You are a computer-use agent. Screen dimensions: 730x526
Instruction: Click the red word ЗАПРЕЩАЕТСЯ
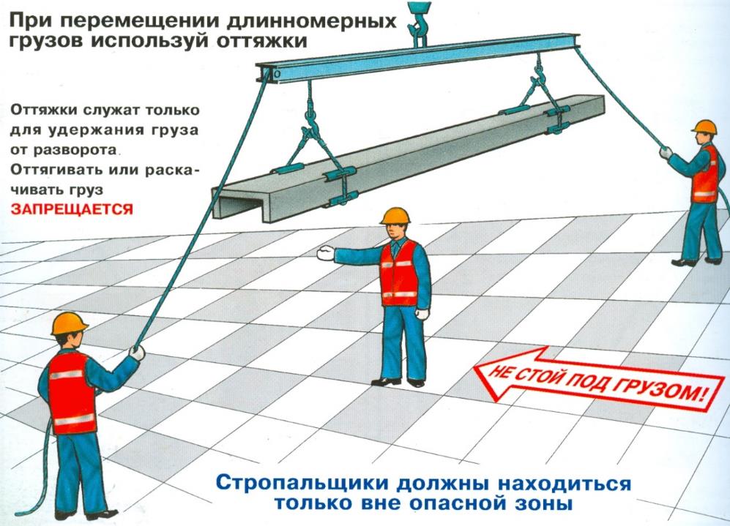(x=72, y=208)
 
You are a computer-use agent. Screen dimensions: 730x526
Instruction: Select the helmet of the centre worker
(x=395, y=217)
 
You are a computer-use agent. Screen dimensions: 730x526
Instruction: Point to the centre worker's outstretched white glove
(x=325, y=252)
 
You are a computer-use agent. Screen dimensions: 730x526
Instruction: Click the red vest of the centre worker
(x=400, y=274)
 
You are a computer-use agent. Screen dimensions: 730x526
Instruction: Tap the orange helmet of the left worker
(x=69, y=323)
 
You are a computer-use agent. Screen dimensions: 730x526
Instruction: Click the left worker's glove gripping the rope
(x=137, y=353)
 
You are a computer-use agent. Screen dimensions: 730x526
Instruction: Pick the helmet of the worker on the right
(x=704, y=127)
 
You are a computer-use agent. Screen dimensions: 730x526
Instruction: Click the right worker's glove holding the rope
(x=666, y=152)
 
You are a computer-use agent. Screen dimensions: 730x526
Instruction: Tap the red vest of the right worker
(x=705, y=174)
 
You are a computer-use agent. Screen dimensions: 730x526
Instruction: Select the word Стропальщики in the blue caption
(x=302, y=483)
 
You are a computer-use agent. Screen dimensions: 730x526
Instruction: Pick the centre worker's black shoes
(x=398, y=382)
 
